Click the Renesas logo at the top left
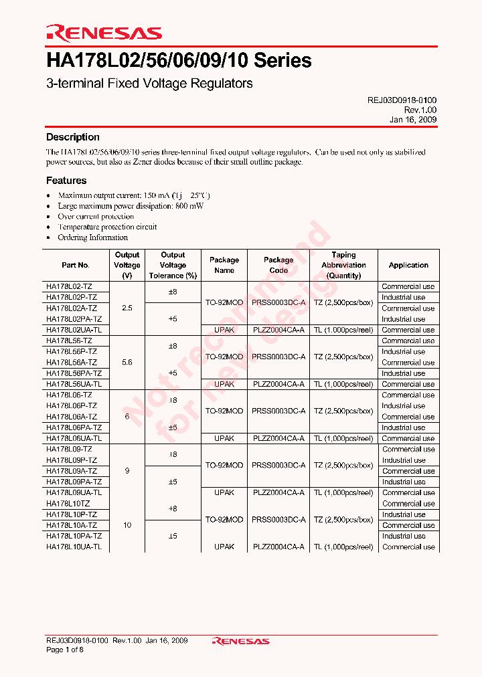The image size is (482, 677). (x=104, y=33)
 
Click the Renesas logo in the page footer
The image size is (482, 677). (x=240, y=641)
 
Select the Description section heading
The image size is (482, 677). (x=72, y=137)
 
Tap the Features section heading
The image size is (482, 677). (x=66, y=181)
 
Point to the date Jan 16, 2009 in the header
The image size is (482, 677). (x=413, y=119)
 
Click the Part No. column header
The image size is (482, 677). (x=75, y=265)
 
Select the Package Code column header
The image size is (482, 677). (x=278, y=265)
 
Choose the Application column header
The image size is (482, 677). (x=408, y=265)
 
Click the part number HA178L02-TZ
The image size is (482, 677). (x=69, y=286)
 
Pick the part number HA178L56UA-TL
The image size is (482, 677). (x=74, y=385)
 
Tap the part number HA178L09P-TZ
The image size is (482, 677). (x=72, y=460)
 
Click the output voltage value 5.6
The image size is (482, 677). (x=127, y=363)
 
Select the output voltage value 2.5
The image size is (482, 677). (x=127, y=308)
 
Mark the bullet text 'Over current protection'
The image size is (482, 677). (x=96, y=217)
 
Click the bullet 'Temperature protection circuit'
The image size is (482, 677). (x=107, y=227)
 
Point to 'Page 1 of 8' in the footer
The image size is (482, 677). (x=65, y=650)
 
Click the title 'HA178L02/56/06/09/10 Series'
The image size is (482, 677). (x=179, y=61)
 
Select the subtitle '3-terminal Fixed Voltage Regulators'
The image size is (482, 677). (x=149, y=84)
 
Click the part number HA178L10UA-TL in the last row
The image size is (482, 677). (x=74, y=547)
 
